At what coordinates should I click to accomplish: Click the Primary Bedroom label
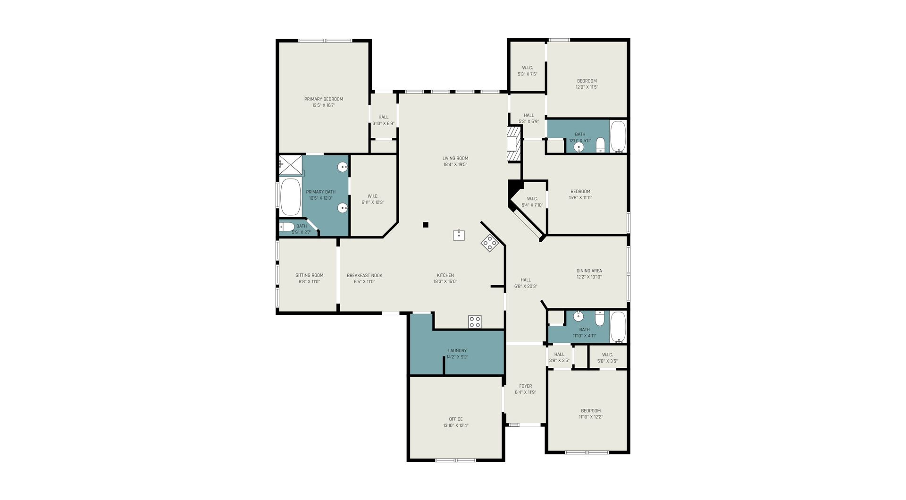click(323, 99)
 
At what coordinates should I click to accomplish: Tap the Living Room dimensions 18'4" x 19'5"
click(455, 165)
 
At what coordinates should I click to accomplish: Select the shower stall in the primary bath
click(290, 165)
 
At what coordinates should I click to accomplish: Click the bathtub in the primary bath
click(291, 197)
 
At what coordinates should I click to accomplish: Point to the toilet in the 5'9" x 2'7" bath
click(287, 227)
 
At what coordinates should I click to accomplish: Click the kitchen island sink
click(459, 235)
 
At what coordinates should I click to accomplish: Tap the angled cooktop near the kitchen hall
click(490, 243)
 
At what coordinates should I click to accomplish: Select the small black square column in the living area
click(425, 225)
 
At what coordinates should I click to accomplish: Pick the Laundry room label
click(457, 351)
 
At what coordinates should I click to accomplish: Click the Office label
click(456, 419)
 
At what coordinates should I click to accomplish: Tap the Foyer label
click(525, 386)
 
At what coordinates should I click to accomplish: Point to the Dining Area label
click(589, 271)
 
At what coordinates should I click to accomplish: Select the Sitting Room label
click(309, 276)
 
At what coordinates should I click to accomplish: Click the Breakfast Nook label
click(364, 276)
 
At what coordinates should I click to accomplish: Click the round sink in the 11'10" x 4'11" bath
click(579, 316)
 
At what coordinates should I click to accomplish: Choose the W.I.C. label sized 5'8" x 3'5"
click(607, 355)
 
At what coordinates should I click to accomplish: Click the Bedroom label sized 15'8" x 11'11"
click(580, 192)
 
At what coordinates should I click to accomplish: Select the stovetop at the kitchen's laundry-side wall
click(475, 322)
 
